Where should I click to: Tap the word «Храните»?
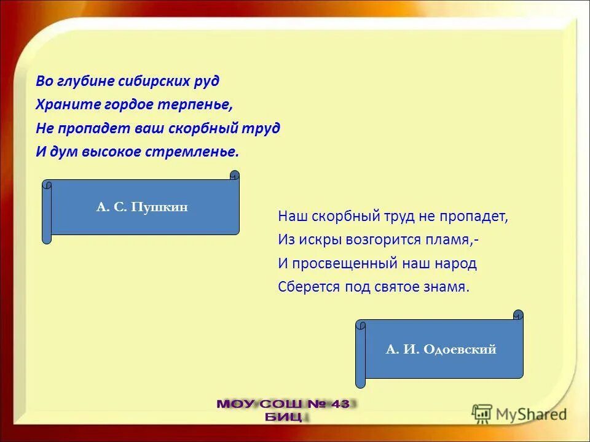pyautogui.click(x=61, y=105)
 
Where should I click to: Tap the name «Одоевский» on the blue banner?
pyautogui.click(x=458, y=350)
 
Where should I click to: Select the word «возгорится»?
pyautogui.click(x=368, y=240)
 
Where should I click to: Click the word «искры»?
pyautogui.click(x=313, y=240)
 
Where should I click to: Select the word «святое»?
pyautogui.click(x=397, y=287)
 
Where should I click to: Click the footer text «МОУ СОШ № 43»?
pyautogui.click(x=283, y=404)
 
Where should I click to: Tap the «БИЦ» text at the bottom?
pyautogui.click(x=283, y=417)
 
